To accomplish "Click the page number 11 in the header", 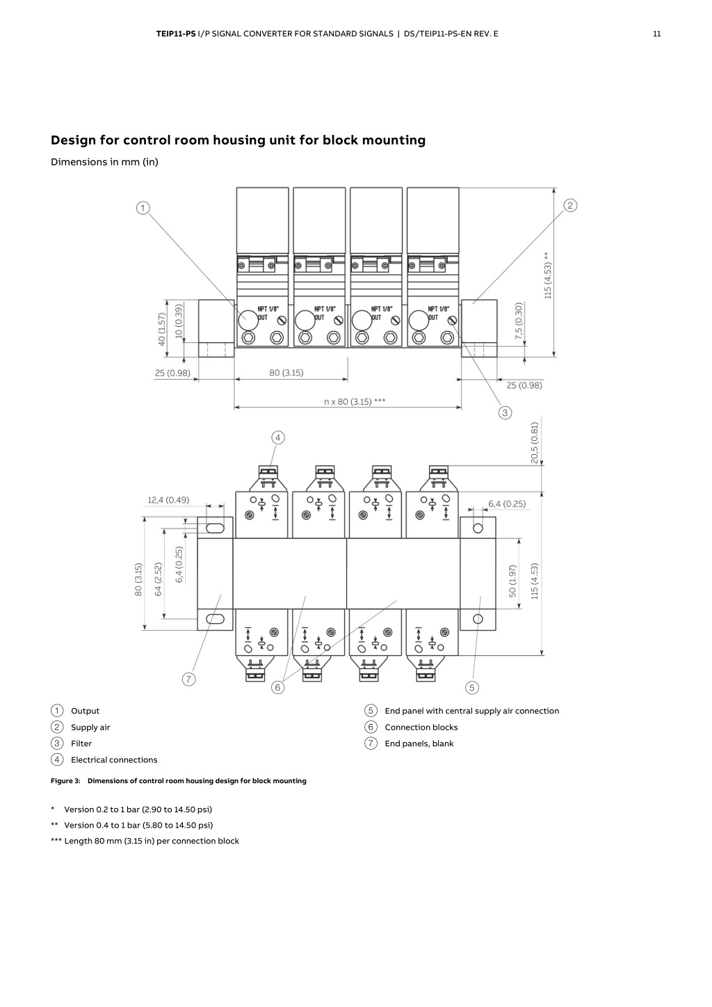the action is point(656,33).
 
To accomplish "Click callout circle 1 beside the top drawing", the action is point(143,208).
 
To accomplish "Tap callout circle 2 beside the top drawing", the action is point(570,205).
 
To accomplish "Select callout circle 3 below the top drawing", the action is point(505,412).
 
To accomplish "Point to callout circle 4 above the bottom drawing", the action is point(278,437).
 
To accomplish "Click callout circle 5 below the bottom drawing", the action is point(472,687).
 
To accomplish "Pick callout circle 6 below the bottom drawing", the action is point(278,687).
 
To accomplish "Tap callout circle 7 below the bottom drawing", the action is point(189,679).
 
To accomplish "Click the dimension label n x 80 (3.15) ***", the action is point(355,401).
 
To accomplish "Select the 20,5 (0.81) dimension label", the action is point(534,442).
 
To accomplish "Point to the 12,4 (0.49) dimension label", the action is point(168,500).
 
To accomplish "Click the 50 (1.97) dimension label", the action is point(512,581).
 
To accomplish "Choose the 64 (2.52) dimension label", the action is point(158,579).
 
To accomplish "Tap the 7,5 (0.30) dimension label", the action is point(519,321).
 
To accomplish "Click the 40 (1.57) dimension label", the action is point(162,330).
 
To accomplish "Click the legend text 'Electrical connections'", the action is point(114,759).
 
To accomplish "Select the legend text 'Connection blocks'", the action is point(421,727).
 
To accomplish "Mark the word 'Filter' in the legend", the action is point(81,743).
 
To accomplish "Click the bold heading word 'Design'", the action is point(73,140).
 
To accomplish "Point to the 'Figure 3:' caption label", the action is point(65,781).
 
